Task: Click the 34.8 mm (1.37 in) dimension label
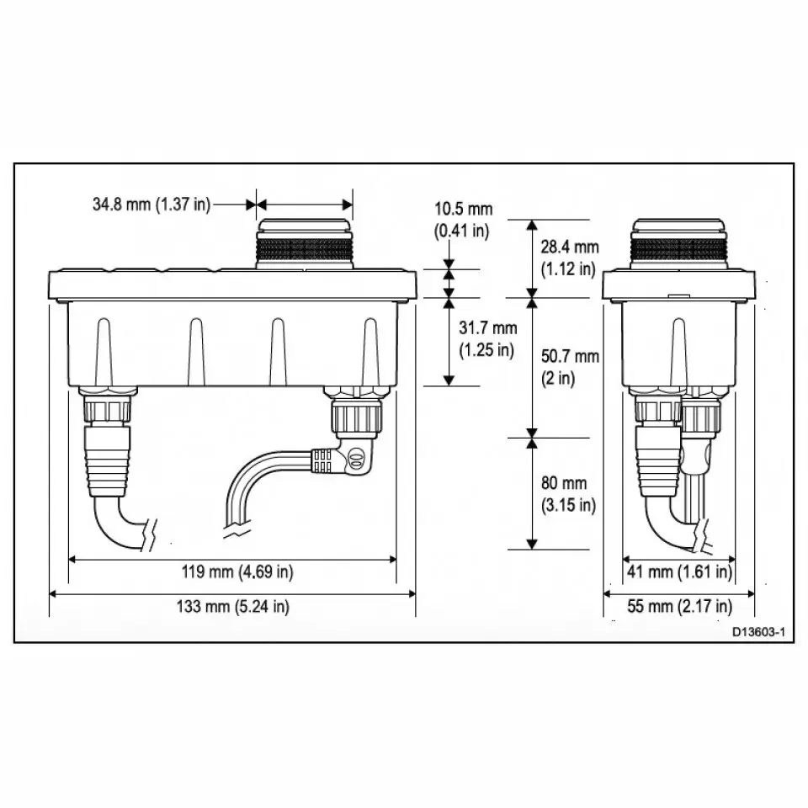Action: (151, 204)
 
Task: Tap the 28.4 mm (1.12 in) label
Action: (569, 258)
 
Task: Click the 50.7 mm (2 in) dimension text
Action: (569, 367)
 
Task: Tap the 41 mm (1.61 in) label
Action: (678, 572)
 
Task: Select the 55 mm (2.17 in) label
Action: (679, 606)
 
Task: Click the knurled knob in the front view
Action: (304, 248)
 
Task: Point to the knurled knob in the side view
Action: (678, 248)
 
